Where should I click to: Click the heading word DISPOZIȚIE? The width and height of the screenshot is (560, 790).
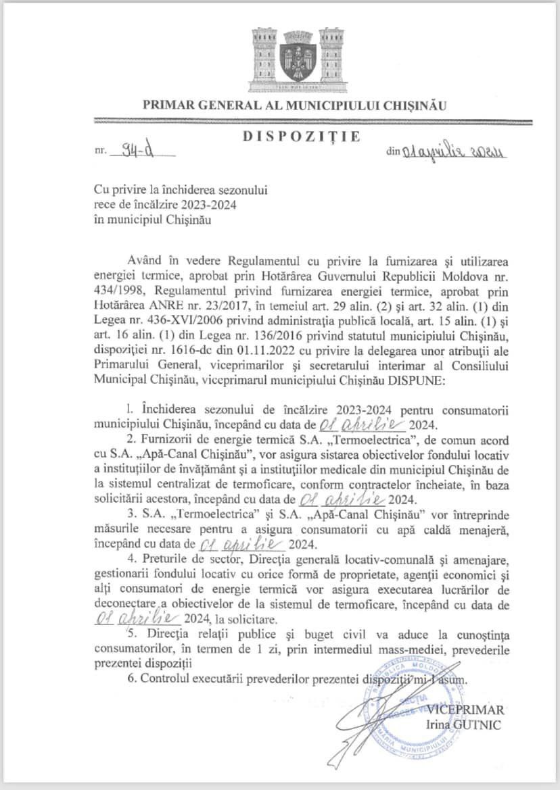click(x=300, y=137)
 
